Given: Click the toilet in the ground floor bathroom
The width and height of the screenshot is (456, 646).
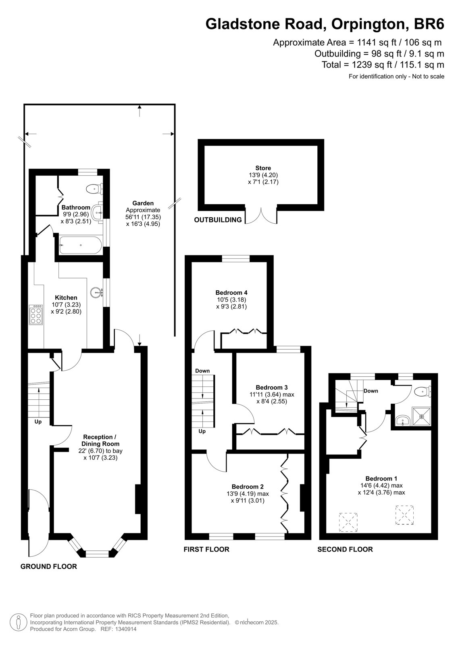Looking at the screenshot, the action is (95, 189).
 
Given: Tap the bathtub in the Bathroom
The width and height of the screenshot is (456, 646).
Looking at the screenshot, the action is (80, 245).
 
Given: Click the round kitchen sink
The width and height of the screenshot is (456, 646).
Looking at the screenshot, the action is (96, 292).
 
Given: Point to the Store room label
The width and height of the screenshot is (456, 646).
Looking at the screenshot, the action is (263, 168).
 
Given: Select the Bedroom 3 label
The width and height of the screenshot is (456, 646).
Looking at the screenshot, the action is (271, 387).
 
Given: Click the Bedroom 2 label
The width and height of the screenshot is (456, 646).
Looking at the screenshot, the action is (248, 487).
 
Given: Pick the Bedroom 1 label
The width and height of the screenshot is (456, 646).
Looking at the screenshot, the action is (381, 478).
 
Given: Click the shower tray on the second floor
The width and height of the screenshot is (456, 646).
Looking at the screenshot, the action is (422, 416).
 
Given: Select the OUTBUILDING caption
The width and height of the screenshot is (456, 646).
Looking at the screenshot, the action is (218, 220).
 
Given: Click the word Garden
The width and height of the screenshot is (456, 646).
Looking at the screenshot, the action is (143, 203).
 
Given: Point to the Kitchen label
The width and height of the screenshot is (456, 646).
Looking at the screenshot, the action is (66, 298).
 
